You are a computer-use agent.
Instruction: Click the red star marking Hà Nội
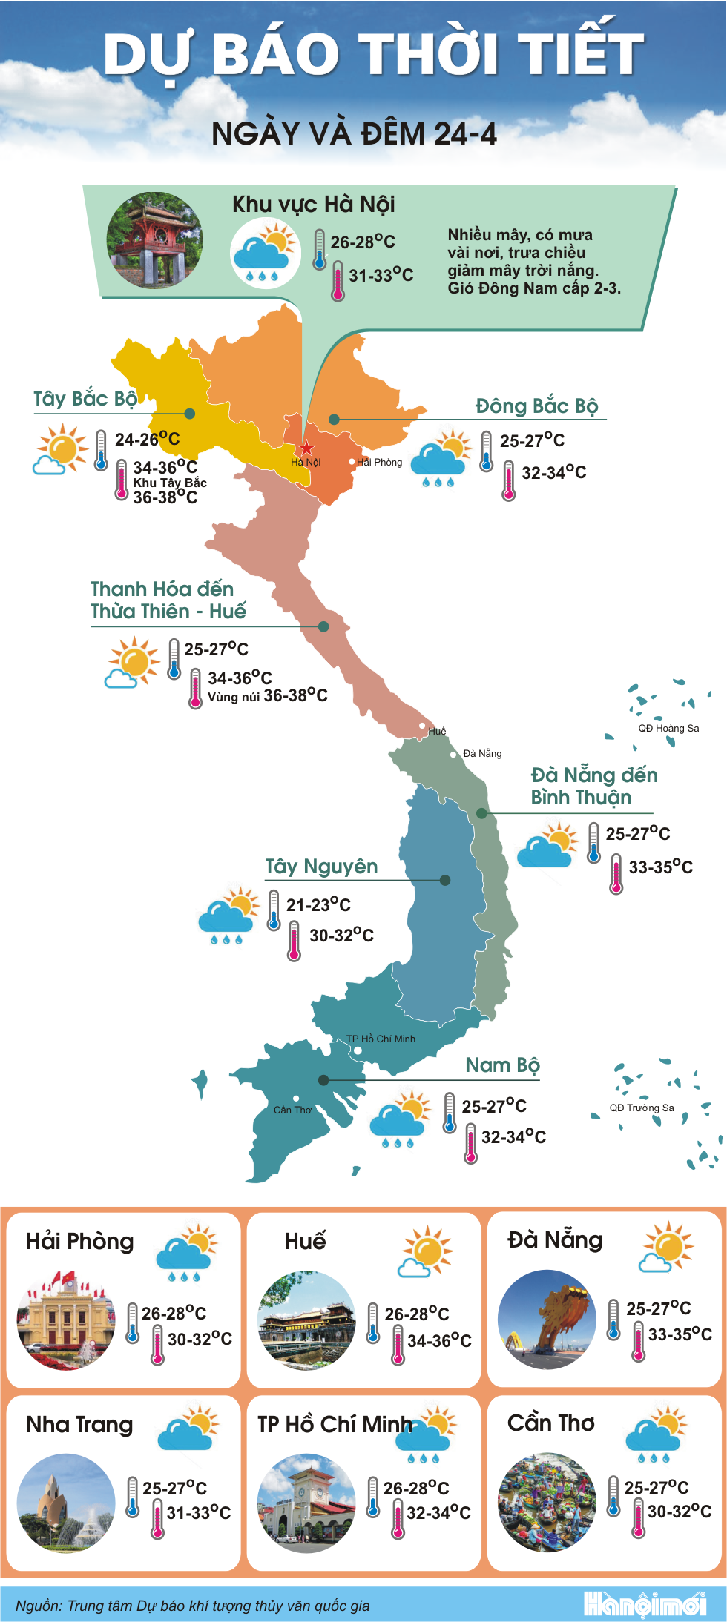pyautogui.click(x=306, y=448)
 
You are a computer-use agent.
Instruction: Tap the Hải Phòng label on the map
pyautogui.click(x=379, y=462)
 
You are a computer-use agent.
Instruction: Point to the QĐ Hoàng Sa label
pyautogui.click(x=668, y=728)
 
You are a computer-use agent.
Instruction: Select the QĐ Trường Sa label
pyautogui.click(x=642, y=1108)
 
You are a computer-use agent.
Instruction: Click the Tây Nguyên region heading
pyautogui.click(x=321, y=867)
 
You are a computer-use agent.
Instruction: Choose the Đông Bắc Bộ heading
pyautogui.click(x=536, y=406)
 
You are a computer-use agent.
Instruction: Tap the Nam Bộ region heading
pyautogui.click(x=502, y=1065)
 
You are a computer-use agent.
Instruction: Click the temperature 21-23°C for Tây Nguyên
pyautogui.click(x=318, y=904)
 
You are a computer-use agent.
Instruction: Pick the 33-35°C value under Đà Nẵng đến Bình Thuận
pyautogui.click(x=660, y=867)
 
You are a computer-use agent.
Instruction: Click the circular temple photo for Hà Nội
pyautogui.click(x=154, y=240)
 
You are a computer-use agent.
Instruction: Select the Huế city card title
pyautogui.click(x=305, y=1241)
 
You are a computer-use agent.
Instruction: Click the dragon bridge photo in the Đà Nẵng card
pyautogui.click(x=547, y=1320)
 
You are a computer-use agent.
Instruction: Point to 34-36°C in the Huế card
pyautogui.click(x=439, y=1340)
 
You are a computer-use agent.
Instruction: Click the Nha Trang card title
pyautogui.click(x=79, y=1424)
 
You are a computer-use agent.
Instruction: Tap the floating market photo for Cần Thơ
pyautogui.click(x=547, y=1502)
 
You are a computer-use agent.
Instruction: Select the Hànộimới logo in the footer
pyautogui.click(x=645, y=1604)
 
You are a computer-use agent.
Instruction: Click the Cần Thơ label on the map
pyautogui.click(x=292, y=1110)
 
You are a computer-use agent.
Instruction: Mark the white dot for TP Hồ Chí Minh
pyautogui.click(x=358, y=1050)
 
